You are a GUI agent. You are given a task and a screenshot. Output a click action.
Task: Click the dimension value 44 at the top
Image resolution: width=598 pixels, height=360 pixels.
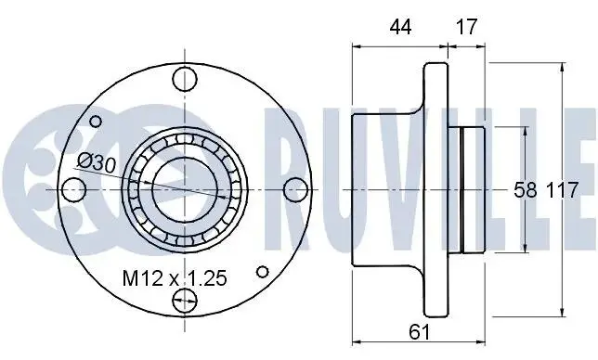[400, 27]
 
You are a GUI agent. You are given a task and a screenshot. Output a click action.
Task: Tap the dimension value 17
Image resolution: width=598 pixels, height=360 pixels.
[466, 27]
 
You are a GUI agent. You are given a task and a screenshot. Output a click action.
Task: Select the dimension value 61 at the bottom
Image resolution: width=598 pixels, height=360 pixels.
[419, 332]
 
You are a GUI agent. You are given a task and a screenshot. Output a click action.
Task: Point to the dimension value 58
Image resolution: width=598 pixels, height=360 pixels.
[526, 190]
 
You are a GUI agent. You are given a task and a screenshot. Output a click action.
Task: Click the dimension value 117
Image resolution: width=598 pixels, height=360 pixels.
[563, 190]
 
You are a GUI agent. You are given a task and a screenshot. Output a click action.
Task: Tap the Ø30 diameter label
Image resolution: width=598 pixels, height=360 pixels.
[97, 163]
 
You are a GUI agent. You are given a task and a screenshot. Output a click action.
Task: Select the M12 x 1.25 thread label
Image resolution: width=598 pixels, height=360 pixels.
[175, 278]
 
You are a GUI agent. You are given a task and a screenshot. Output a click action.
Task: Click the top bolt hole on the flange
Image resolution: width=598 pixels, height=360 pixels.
[185, 79]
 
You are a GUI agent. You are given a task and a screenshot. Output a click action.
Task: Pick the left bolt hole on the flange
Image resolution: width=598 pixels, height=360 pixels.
[73, 189]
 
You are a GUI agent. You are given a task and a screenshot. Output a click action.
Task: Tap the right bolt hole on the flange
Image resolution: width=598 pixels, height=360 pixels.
[296, 189]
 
